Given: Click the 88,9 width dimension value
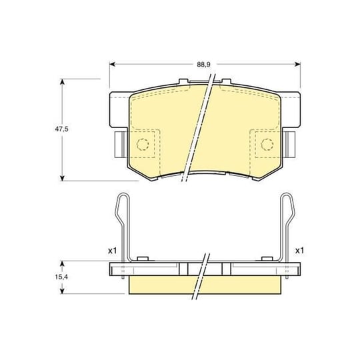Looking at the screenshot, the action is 203,65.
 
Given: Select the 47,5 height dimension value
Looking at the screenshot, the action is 61,129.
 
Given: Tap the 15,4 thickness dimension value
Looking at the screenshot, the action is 61,277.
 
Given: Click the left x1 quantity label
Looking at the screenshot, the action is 113,251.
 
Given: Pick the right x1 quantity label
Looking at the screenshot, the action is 299,251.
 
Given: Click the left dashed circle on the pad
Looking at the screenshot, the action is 143,145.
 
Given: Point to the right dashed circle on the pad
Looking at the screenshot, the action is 267,145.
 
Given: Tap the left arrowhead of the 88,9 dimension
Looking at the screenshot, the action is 112,64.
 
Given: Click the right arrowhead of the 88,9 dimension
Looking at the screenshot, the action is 297,64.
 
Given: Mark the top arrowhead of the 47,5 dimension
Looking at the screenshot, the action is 62,82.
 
